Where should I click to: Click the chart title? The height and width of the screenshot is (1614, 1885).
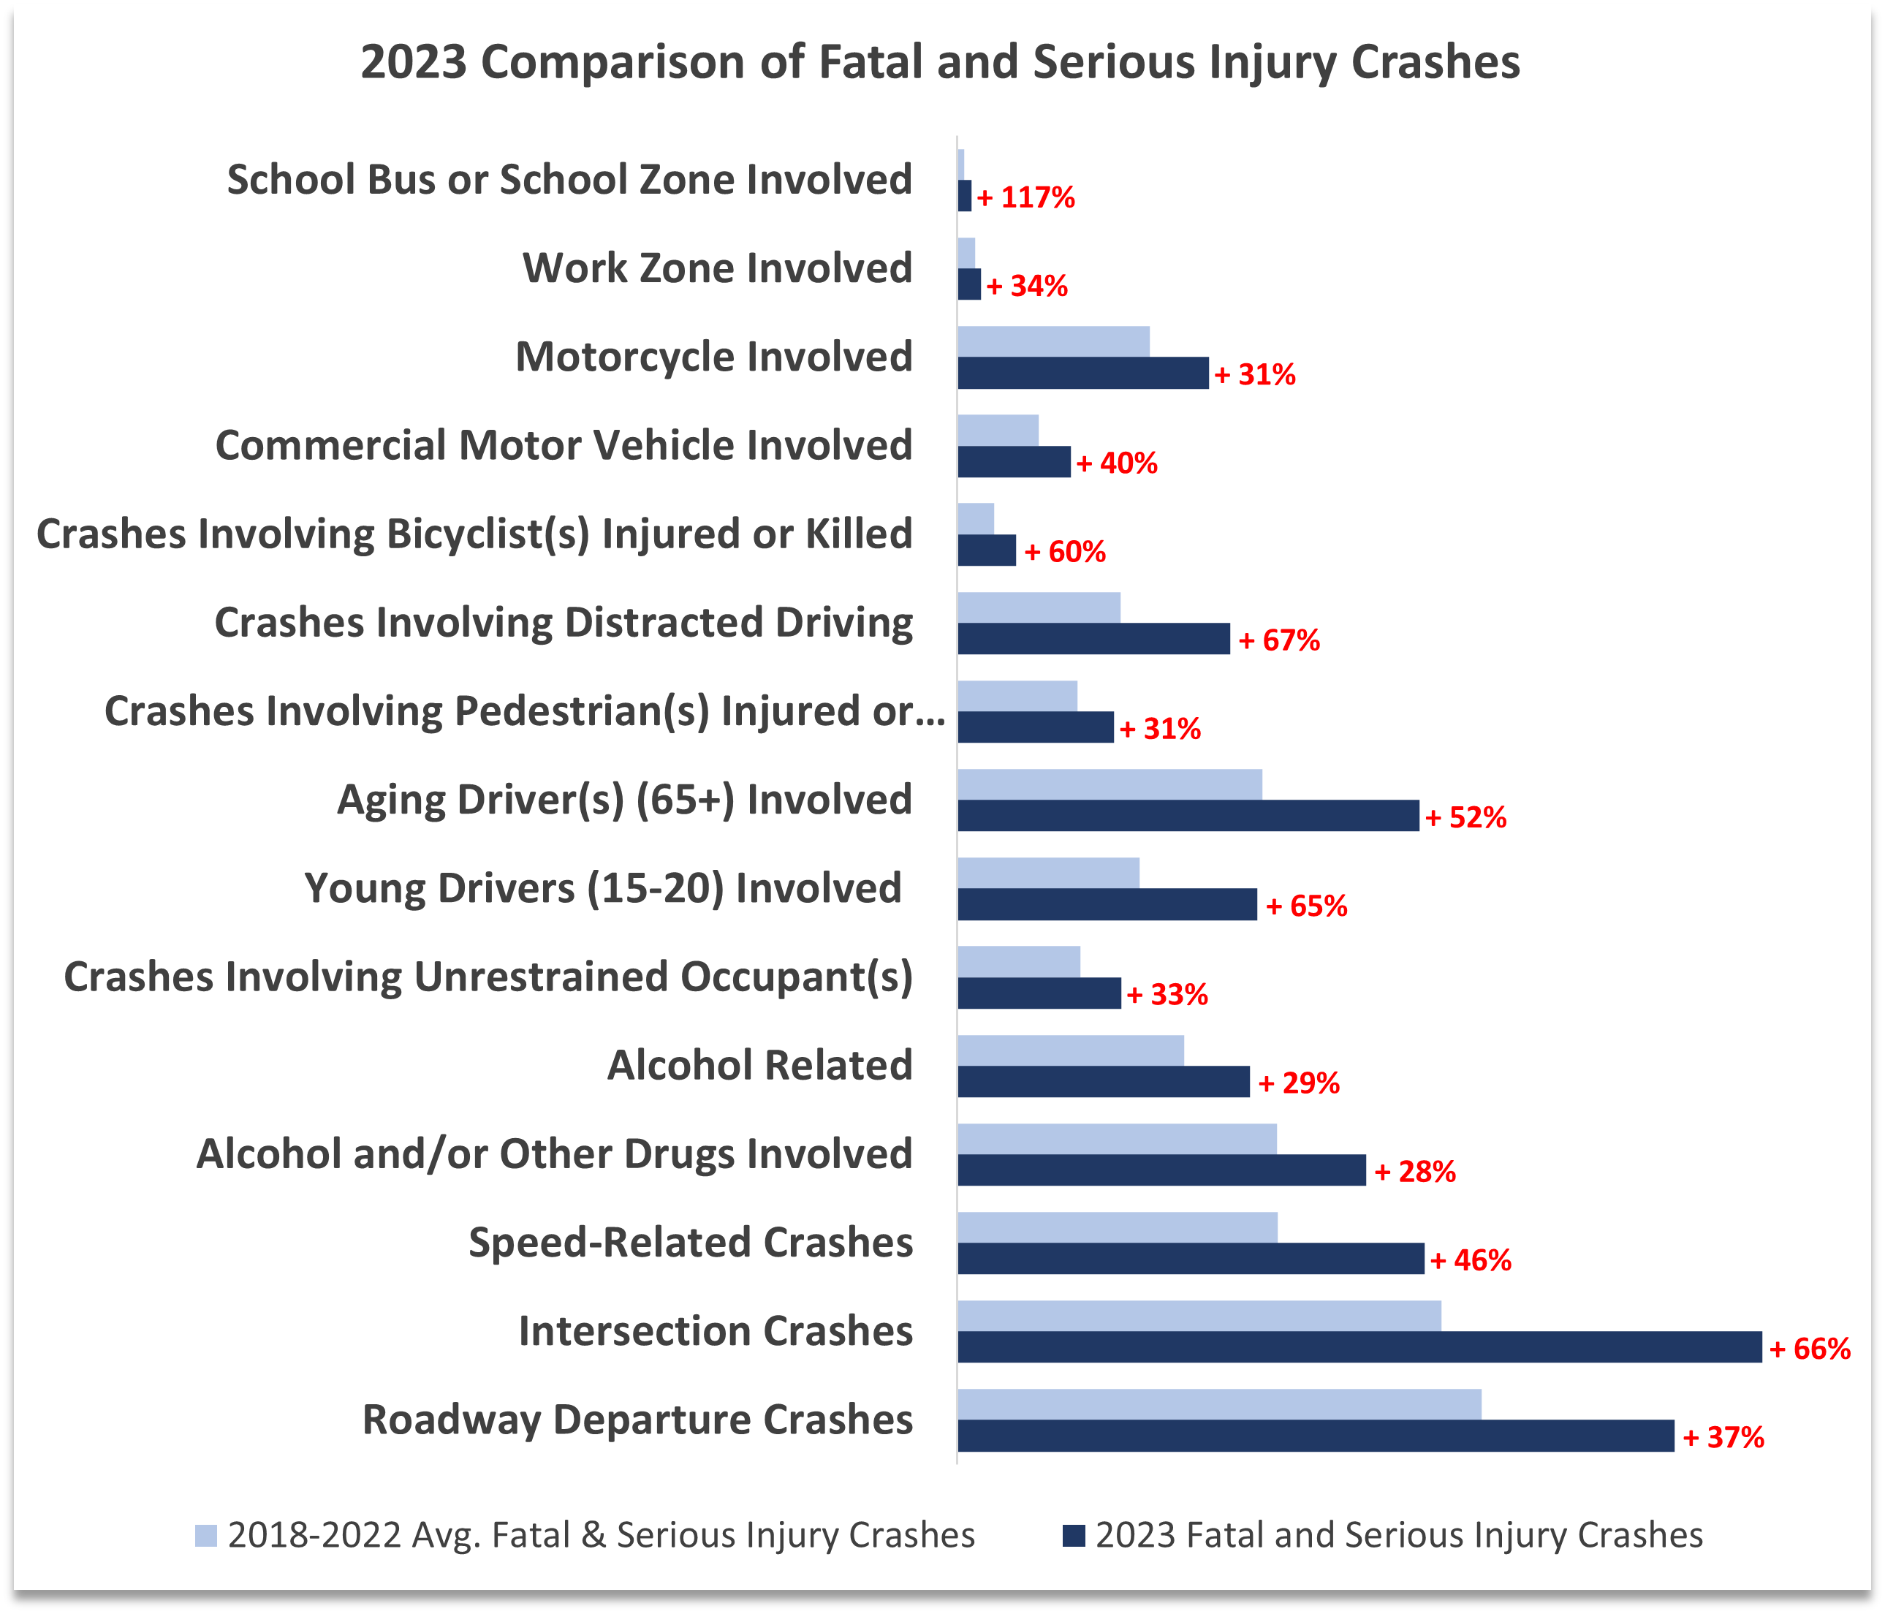[x=940, y=63]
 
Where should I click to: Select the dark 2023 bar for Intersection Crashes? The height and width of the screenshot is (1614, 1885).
[x=1359, y=1346]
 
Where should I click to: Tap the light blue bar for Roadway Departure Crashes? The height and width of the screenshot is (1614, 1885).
[x=1219, y=1403]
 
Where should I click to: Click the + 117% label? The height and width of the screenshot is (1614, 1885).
[x=1026, y=197]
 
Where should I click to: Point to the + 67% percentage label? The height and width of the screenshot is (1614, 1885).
[x=1278, y=640]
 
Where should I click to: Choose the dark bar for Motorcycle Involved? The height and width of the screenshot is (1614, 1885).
[x=1082, y=373]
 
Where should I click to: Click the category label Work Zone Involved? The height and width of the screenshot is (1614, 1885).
[x=717, y=268]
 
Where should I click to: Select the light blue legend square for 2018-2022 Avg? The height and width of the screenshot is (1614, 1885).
[x=207, y=1536]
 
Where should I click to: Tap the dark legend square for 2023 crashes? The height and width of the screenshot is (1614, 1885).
[x=1074, y=1536]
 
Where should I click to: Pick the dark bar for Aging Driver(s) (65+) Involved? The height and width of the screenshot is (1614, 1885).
[x=1188, y=815]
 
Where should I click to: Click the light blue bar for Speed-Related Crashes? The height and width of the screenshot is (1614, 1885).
[x=1117, y=1227]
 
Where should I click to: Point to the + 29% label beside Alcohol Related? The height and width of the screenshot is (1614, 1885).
[x=1298, y=1083]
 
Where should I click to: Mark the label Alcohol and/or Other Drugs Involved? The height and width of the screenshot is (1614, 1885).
[x=554, y=1153]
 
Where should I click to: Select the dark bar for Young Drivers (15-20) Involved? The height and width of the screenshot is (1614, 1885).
[x=1107, y=904]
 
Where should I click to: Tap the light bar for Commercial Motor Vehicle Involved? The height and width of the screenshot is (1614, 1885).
[x=998, y=431]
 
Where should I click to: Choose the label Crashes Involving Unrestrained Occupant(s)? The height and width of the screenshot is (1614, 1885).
[x=488, y=977]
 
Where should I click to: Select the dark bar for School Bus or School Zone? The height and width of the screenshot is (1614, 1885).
[x=964, y=196]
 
